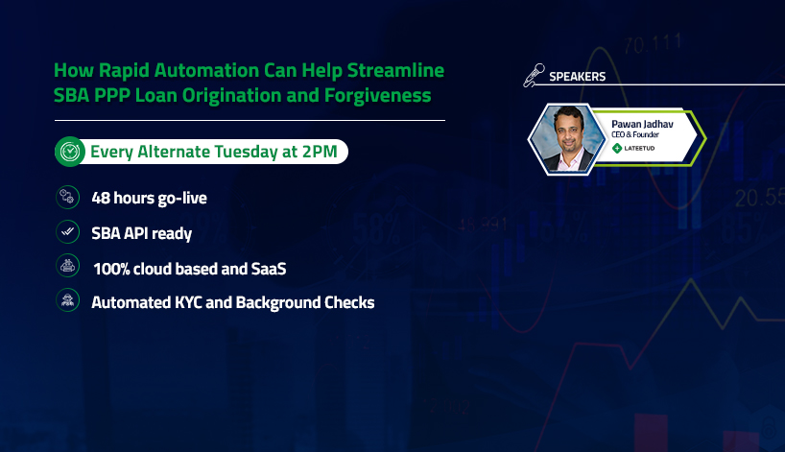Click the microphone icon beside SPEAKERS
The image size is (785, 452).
click(x=535, y=75)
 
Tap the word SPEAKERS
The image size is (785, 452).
click(x=578, y=77)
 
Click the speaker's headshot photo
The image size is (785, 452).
click(x=567, y=138)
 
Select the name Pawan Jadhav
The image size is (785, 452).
click(x=642, y=124)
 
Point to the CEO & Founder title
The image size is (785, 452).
click(x=635, y=134)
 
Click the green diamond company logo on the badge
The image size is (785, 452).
click(x=617, y=148)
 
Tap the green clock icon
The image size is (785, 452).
click(x=70, y=152)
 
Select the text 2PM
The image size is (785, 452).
click(x=320, y=152)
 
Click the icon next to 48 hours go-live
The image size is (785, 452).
click(x=67, y=198)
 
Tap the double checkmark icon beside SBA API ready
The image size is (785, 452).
click(x=67, y=231)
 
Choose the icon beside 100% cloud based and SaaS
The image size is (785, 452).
click(x=67, y=266)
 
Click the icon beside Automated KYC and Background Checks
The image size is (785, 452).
click(x=67, y=300)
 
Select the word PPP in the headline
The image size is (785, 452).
click(x=111, y=95)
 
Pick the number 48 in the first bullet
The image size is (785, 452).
click(x=101, y=198)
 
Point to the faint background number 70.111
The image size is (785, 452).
click(x=653, y=44)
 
